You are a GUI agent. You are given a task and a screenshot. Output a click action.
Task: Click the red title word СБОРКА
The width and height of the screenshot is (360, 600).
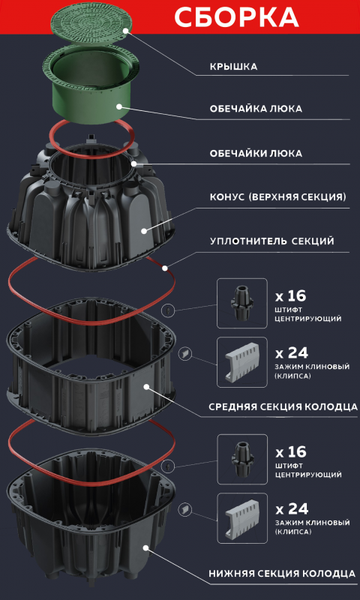(x=236, y=17)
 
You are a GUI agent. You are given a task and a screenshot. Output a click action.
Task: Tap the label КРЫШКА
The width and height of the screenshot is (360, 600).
(x=233, y=67)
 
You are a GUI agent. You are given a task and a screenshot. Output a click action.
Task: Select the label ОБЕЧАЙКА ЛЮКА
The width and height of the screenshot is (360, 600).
(x=256, y=109)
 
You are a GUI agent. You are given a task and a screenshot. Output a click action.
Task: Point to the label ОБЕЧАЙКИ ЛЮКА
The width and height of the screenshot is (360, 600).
(x=256, y=154)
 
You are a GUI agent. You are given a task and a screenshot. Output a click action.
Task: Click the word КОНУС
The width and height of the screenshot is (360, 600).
(x=229, y=198)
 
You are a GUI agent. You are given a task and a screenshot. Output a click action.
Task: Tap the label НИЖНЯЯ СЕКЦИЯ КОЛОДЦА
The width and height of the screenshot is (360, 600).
(x=282, y=574)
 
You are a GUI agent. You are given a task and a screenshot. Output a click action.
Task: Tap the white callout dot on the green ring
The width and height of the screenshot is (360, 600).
(x=119, y=106)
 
